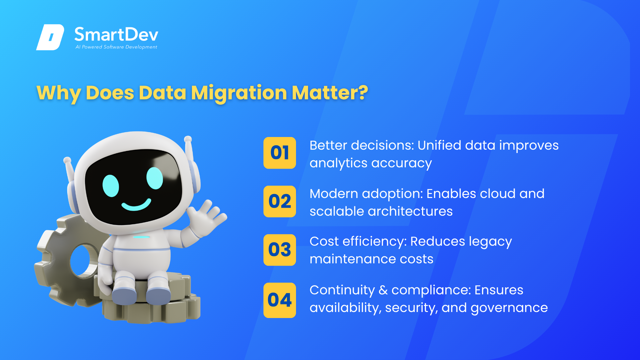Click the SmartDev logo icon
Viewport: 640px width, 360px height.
click(50, 37)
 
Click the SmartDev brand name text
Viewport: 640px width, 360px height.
click(116, 35)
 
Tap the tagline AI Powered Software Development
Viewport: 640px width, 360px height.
click(116, 47)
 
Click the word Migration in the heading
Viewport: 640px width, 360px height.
click(239, 93)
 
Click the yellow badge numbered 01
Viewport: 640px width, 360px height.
click(280, 153)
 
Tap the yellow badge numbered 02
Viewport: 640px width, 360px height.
click(280, 201)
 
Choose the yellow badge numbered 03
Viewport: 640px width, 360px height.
click(280, 250)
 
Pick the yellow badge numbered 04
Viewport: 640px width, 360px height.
click(280, 300)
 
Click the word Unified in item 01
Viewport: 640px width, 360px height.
click(439, 145)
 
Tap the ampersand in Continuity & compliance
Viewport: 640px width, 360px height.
click(383, 290)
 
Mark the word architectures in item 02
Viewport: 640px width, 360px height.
click(410, 211)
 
